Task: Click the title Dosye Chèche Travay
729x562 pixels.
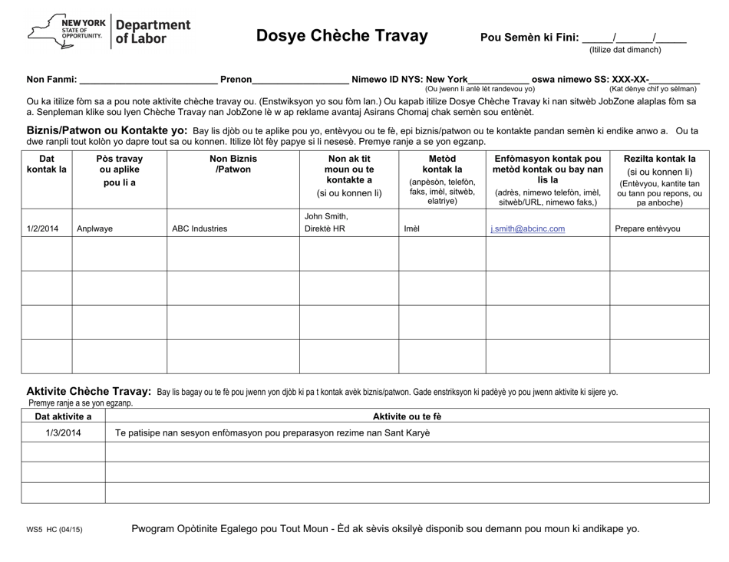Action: pyautogui.click(x=341, y=35)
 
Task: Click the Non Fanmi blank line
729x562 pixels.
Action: pyautogui.click(x=149, y=79)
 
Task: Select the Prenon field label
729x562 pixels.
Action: pyautogui.click(x=236, y=79)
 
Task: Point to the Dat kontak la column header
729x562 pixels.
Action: pyautogui.click(x=46, y=164)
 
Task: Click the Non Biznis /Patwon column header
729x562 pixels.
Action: pyautogui.click(x=233, y=164)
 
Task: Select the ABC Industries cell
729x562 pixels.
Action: pyautogui.click(x=200, y=228)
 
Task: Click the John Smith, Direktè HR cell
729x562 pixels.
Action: pyautogui.click(x=326, y=222)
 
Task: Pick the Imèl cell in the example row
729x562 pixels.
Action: pyautogui.click(x=412, y=228)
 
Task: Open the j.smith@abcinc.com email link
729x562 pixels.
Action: pyautogui.click(x=527, y=228)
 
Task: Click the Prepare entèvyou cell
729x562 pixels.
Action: pyautogui.click(x=648, y=228)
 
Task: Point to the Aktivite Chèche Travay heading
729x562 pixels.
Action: pyautogui.click(x=89, y=391)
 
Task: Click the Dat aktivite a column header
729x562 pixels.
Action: pyautogui.click(x=63, y=416)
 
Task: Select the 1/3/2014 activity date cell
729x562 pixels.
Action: pyautogui.click(x=63, y=432)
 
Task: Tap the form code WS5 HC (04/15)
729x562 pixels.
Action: pyautogui.click(x=54, y=530)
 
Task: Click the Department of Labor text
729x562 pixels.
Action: pyautogui.click(x=152, y=31)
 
